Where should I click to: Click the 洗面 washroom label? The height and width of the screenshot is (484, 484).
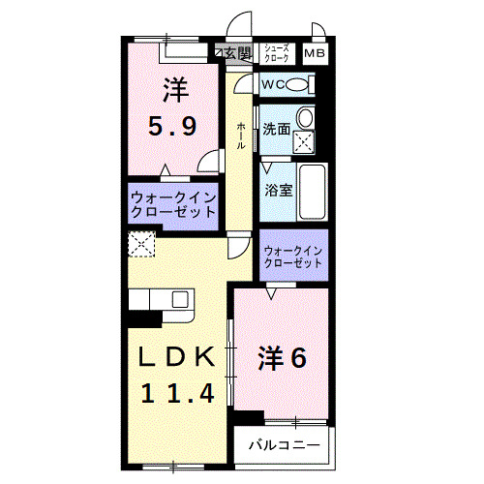tap(277, 129)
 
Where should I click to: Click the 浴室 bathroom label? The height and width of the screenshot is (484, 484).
tap(279, 190)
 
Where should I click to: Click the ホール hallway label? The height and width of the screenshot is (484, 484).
tap(239, 136)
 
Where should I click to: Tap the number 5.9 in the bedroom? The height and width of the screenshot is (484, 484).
tap(175, 125)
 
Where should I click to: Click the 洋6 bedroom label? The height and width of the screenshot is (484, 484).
tap(282, 358)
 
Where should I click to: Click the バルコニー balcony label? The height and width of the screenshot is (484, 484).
tap(286, 446)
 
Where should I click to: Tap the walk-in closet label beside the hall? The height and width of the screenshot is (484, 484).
tap(173, 205)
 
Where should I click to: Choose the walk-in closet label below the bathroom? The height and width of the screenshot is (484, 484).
tap(292, 256)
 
